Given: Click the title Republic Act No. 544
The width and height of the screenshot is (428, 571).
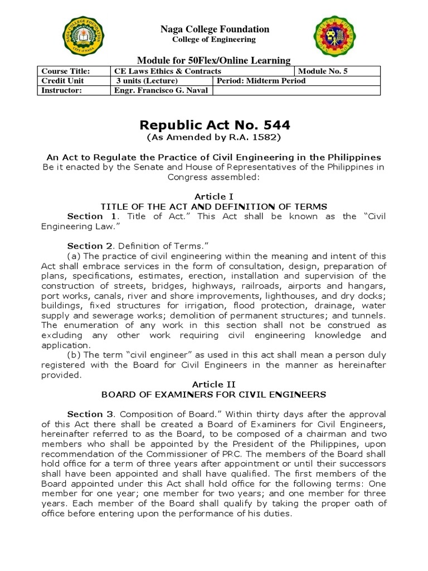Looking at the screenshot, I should [214, 124].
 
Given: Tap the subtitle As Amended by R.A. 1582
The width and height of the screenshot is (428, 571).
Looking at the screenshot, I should [214, 137].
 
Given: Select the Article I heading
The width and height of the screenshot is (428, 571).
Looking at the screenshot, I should [214, 196].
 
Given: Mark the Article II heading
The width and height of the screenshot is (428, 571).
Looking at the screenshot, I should [214, 385].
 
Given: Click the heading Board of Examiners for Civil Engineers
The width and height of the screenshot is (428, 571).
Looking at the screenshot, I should [214, 394].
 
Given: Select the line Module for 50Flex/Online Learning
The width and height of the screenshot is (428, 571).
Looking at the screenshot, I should [214, 60].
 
